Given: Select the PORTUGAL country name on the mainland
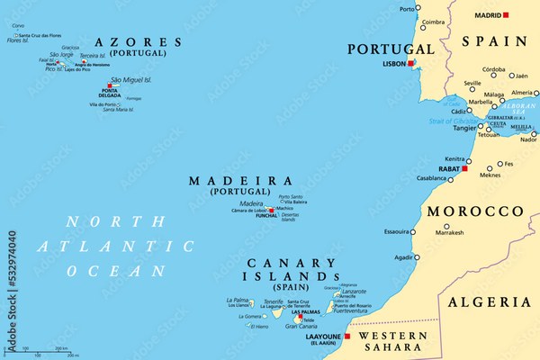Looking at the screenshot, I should pos(391,48).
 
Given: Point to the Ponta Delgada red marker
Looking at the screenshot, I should pos(110,86).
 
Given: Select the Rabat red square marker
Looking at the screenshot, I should pos(464,168).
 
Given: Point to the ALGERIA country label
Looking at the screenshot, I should pos(491,302).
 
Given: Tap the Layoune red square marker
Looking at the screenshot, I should pos(347,337).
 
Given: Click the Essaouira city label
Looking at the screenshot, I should pos(396,231).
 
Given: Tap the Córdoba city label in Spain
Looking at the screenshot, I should pos(492,68).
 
